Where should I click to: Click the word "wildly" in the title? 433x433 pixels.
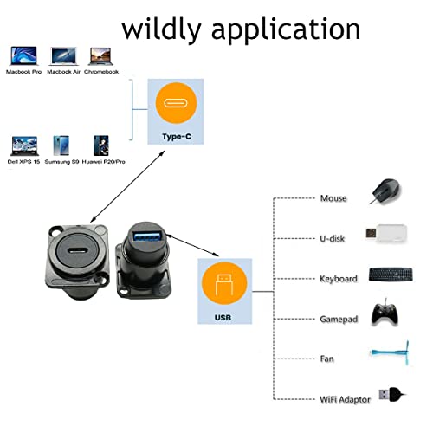click(x=161, y=29)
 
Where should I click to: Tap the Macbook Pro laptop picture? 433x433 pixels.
click(x=24, y=55)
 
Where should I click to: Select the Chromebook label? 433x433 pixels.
click(x=101, y=72)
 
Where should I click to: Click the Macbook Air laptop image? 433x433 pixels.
click(x=63, y=56)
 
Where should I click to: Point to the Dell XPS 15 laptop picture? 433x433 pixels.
click(x=24, y=146)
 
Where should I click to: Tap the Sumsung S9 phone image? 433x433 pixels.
click(x=61, y=145)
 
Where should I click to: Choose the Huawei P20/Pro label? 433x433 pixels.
click(x=104, y=162)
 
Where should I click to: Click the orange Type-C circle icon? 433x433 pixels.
click(x=176, y=103)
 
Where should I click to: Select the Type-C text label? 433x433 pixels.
click(x=177, y=137)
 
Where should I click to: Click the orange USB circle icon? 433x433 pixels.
click(x=224, y=284)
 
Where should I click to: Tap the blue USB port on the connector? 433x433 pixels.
click(x=147, y=236)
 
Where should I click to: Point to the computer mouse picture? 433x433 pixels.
click(x=385, y=191)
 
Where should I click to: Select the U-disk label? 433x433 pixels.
click(x=333, y=238)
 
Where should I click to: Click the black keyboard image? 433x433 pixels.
click(x=391, y=275)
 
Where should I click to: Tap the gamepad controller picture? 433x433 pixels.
click(x=385, y=313)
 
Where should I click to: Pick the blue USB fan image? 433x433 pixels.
click(x=391, y=352)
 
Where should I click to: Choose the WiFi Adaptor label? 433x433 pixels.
click(x=345, y=399)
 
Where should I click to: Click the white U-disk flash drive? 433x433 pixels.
click(x=386, y=233)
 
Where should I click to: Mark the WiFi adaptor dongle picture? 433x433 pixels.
click(x=392, y=394)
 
